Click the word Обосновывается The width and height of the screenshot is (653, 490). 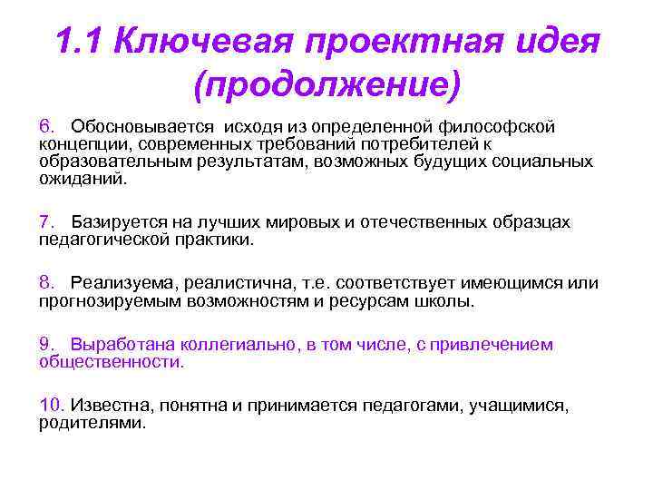pos(140,125)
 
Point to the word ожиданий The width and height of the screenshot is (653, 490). pos(83,179)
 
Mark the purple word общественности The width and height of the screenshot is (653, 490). pos(111,362)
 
